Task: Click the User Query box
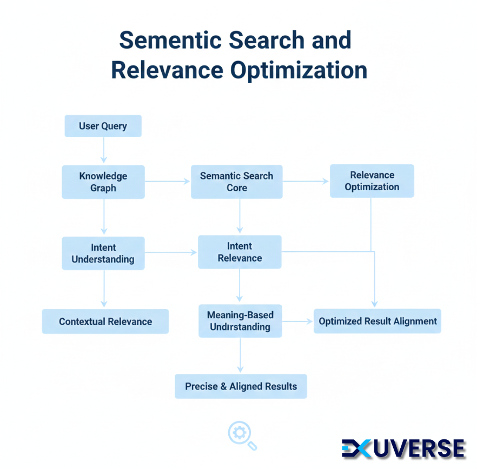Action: pyautogui.click(x=103, y=126)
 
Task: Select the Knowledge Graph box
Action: pyautogui.click(x=103, y=182)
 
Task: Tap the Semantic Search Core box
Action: pyautogui.click(x=236, y=182)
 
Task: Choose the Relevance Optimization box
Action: pyautogui.click(x=372, y=181)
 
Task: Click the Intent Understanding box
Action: pyautogui.click(x=103, y=253)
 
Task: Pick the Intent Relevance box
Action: pyautogui.click(x=240, y=252)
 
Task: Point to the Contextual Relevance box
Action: pyautogui.click(x=105, y=321)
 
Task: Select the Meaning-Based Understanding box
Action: pyautogui.click(x=240, y=321)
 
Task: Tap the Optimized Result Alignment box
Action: pyautogui.click(x=377, y=321)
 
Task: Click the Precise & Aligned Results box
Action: pyautogui.click(x=241, y=386)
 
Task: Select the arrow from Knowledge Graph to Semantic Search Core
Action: pyautogui.click(x=168, y=182)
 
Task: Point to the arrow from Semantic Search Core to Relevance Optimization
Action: pyautogui.click(x=306, y=182)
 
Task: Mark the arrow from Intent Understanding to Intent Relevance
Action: pyautogui.click(x=171, y=252)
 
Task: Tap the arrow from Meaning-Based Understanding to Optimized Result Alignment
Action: pyautogui.click(x=297, y=321)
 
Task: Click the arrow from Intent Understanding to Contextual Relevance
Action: pyautogui.click(x=103, y=289)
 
